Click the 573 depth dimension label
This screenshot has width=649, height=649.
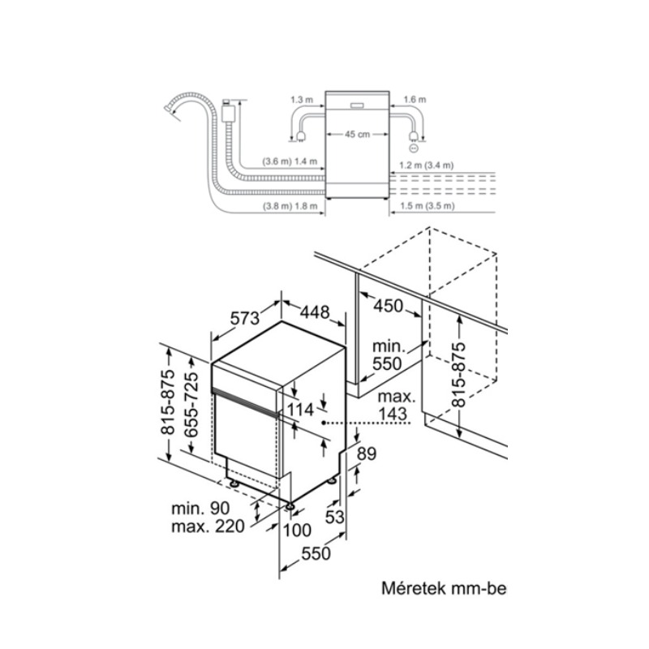pos(245,318)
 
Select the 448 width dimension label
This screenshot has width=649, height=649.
pos(315,312)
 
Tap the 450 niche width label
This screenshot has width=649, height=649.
pos(388,306)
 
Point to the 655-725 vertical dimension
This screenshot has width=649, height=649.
pos(191,404)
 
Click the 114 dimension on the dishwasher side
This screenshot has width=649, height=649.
pos(300,410)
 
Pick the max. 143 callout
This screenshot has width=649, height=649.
pos(396,405)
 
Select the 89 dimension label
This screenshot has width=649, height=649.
pos(367,453)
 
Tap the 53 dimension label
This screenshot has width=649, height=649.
pos(334,517)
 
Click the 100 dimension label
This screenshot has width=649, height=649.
pos(297,531)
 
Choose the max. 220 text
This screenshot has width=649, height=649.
pos(208,527)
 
